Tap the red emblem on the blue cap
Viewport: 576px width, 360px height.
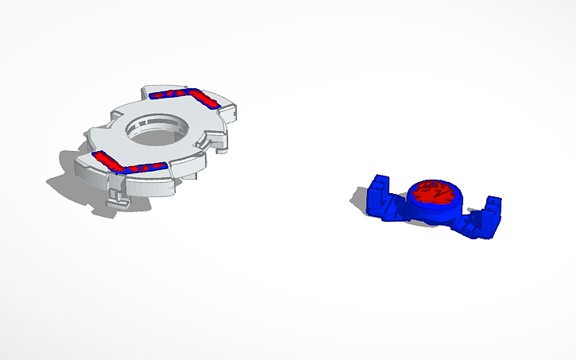tap(434, 191)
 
